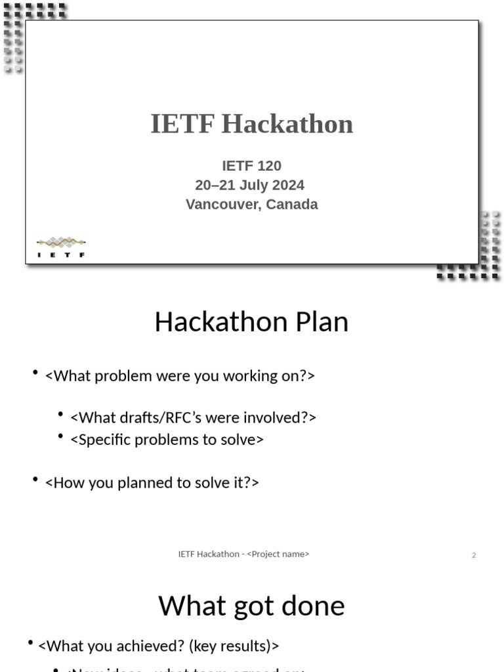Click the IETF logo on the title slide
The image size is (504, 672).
[x=61, y=247]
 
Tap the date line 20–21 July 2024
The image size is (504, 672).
[x=250, y=185]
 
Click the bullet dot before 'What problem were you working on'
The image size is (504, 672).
[x=35, y=373]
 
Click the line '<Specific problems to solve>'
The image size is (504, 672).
[x=167, y=440]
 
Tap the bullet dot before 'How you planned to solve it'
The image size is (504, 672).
[x=35, y=480]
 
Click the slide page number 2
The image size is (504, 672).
[x=474, y=555]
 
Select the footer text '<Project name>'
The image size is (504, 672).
[x=278, y=554]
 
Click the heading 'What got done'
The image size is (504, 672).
[x=251, y=606]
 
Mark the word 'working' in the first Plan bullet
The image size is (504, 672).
[x=247, y=376]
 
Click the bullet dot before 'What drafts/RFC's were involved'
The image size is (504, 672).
[x=60, y=415]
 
